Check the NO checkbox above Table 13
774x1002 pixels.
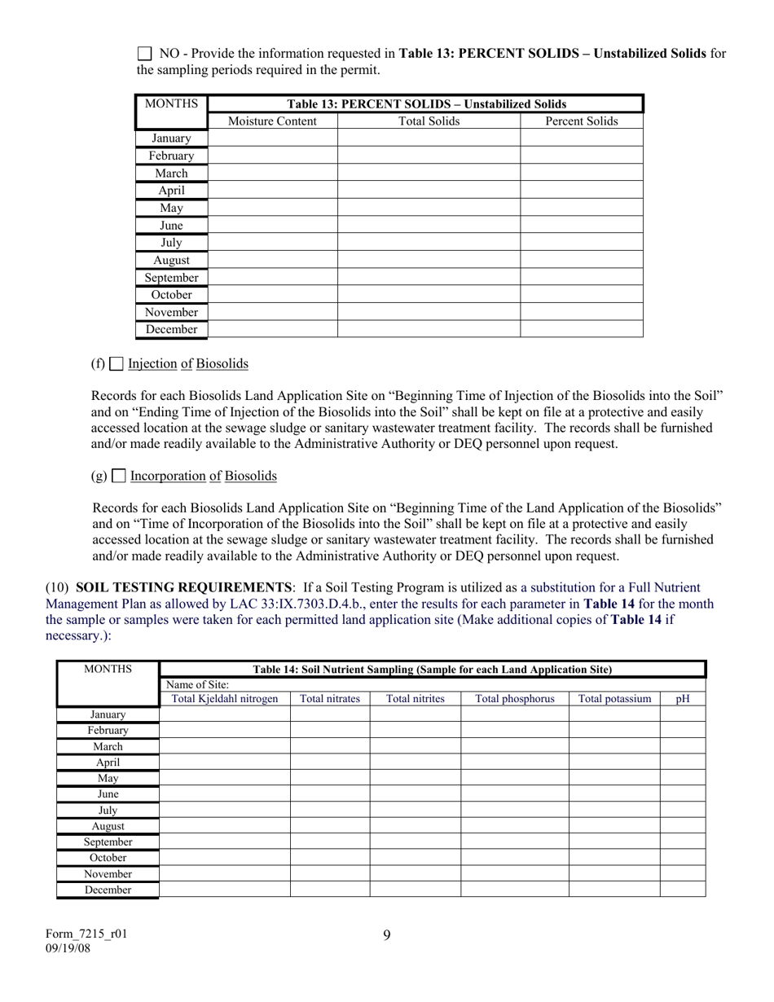pyautogui.click(x=144, y=54)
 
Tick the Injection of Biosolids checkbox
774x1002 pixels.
pyautogui.click(x=117, y=364)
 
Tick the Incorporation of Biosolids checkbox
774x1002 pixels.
pyautogui.click(x=119, y=476)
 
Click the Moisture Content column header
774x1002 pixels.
pyautogui.click(x=272, y=121)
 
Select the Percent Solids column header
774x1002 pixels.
pyautogui.click(x=581, y=121)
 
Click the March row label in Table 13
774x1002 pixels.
pyautogui.click(x=171, y=174)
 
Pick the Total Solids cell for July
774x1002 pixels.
pyautogui.click(x=429, y=243)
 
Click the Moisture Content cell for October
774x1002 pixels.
pyautogui.click(x=272, y=295)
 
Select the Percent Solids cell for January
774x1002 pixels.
pyautogui.click(x=581, y=138)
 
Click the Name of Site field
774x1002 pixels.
pyautogui.click(x=432, y=684)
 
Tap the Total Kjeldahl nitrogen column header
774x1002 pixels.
pyautogui.click(x=225, y=699)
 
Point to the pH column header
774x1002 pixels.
pyautogui.click(x=683, y=699)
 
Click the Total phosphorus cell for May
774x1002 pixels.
pyautogui.click(x=514, y=778)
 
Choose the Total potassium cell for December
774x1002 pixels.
pyautogui.click(x=613, y=890)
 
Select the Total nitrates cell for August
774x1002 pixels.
pyautogui.click(x=329, y=826)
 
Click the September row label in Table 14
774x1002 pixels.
pyautogui.click(x=108, y=842)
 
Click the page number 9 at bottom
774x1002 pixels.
pyautogui.click(x=386, y=935)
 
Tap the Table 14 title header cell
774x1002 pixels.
pyautogui.click(x=432, y=670)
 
